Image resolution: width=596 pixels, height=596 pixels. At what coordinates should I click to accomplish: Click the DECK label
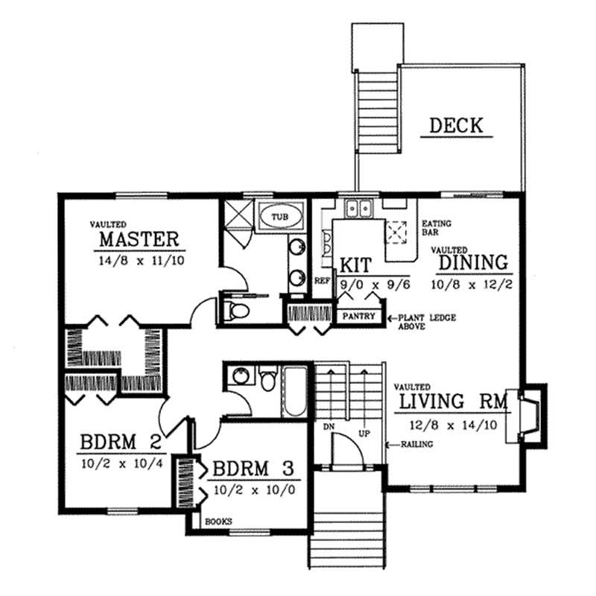[456, 126]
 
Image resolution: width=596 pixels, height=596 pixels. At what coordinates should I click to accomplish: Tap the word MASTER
[139, 239]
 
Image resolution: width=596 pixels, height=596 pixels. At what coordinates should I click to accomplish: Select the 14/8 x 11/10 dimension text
[139, 261]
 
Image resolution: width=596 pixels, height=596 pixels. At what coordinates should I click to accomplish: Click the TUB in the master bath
[279, 217]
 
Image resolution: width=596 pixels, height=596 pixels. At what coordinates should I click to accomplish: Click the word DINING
[473, 262]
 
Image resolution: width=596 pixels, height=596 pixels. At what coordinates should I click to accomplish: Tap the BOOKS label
[218, 521]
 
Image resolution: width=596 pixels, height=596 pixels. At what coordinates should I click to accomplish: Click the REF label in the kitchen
[321, 282]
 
